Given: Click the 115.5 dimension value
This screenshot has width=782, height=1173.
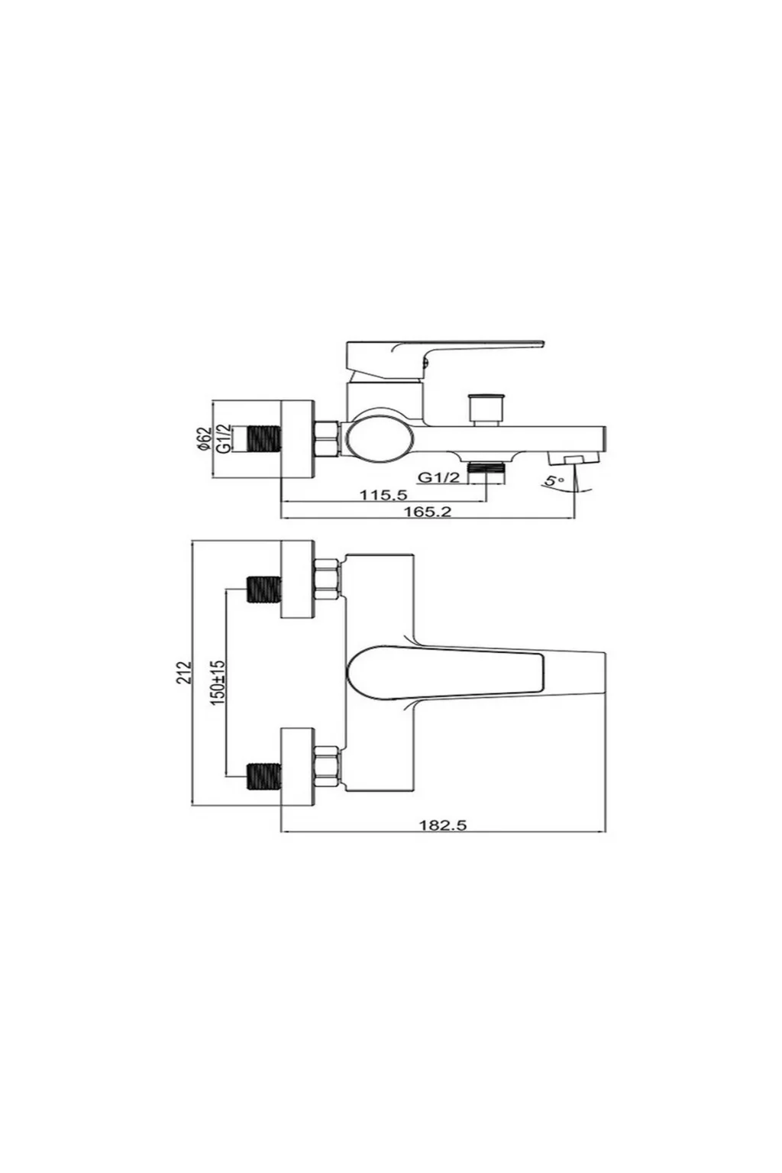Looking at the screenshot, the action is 383,494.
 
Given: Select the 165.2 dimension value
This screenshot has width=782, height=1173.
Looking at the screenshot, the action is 427,511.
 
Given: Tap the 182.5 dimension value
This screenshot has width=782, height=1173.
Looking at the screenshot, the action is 443,826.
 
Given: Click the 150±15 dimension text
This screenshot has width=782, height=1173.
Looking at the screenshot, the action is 218,682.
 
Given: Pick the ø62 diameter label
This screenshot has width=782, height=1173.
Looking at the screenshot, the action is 204,439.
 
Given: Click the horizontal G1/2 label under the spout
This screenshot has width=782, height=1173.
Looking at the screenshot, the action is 439,477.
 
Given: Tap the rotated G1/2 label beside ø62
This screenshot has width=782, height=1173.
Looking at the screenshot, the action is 222,439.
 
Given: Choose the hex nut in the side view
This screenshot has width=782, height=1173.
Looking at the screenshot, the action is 328,440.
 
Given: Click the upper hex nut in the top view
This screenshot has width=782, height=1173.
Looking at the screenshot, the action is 328,579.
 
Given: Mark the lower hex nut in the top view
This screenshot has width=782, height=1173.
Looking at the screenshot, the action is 328,766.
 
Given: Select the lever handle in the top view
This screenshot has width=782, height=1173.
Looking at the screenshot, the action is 445,674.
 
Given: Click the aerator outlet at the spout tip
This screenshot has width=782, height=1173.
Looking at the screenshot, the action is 574,458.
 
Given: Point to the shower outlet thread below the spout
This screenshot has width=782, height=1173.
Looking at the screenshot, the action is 487,467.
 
